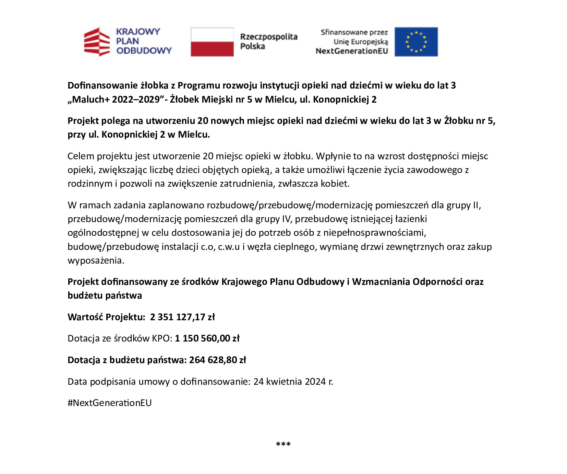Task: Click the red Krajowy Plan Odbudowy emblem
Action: click(97, 42)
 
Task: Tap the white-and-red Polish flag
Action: click(212, 42)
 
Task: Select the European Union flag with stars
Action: click(416, 42)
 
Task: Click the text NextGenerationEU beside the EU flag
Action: click(352, 51)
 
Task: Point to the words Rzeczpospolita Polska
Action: click(268, 41)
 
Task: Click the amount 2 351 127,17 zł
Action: click(182, 317)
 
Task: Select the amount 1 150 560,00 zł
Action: click(207, 338)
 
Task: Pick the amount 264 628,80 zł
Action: click(218, 360)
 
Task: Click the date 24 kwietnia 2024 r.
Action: click(293, 382)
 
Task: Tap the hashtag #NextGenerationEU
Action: click(110, 403)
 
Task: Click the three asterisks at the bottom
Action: click(283, 445)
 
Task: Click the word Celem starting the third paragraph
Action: click(81, 156)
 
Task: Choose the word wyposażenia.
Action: click(96, 261)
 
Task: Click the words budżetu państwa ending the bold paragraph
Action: click(105, 296)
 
